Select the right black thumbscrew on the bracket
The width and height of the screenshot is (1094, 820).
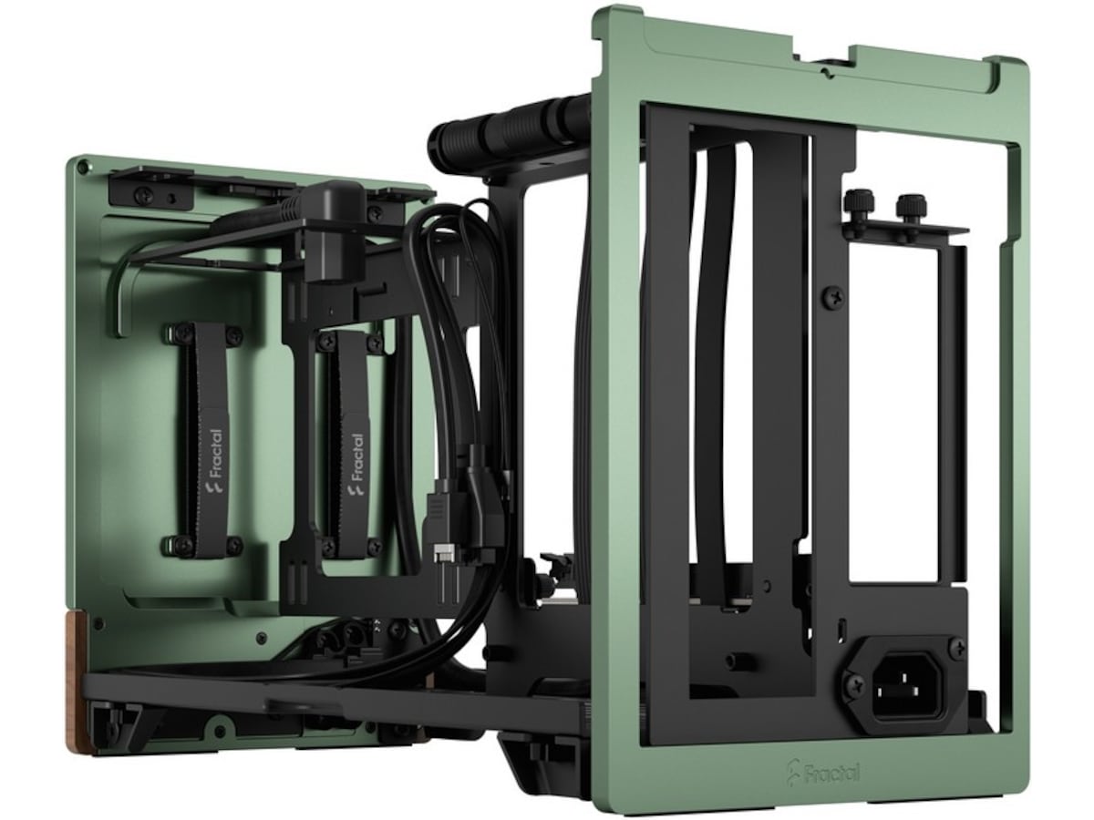911,210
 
